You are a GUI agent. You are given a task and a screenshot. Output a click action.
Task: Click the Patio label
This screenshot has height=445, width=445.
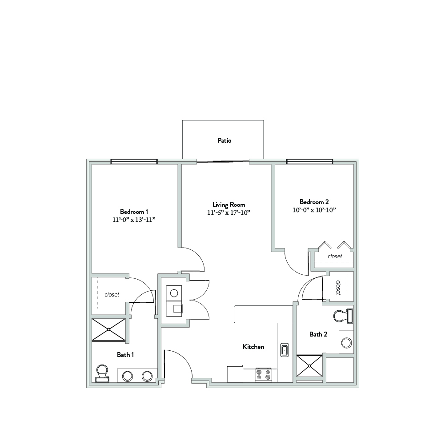click(224, 140)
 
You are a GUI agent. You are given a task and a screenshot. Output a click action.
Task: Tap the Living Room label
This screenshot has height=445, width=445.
click(229, 204)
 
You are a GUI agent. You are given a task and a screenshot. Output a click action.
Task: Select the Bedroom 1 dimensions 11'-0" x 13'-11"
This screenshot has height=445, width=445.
click(134, 220)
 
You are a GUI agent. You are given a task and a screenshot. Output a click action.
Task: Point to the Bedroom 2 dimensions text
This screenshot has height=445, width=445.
click(314, 210)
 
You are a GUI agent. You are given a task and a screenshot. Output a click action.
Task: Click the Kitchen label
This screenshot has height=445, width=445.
click(253, 346)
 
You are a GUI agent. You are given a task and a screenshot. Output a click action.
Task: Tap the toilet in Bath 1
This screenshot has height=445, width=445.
click(102, 373)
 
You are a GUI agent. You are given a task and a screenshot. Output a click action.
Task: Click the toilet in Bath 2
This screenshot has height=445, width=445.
click(343, 316)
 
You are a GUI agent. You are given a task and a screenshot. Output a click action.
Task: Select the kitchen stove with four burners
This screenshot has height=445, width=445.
click(263, 375)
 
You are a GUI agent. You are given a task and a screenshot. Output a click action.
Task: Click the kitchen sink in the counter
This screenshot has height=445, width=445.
click(285, 350)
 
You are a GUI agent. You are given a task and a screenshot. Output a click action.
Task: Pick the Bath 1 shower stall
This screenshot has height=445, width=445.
click(109, 329)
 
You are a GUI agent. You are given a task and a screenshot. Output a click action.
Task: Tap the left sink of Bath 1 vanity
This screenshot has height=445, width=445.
click(128, 377)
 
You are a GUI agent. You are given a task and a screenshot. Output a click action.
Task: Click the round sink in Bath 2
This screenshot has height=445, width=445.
click(346, 343)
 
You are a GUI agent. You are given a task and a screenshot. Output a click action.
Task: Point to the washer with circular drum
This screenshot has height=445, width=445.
click(174, 293)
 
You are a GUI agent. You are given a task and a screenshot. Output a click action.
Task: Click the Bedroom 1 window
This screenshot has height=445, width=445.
click(134, 162)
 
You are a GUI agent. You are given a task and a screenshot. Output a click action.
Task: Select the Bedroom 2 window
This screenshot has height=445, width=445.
click(309, 162)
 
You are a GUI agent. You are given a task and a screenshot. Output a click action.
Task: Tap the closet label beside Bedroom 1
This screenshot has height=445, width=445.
click(112, 295)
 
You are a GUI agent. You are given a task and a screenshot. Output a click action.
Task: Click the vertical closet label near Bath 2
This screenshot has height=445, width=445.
click(338, 288)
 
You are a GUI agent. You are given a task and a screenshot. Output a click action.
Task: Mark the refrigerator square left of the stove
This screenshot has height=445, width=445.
click(235, 374)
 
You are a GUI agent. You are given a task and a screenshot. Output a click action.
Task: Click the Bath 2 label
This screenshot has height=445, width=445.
click(318, 334)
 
